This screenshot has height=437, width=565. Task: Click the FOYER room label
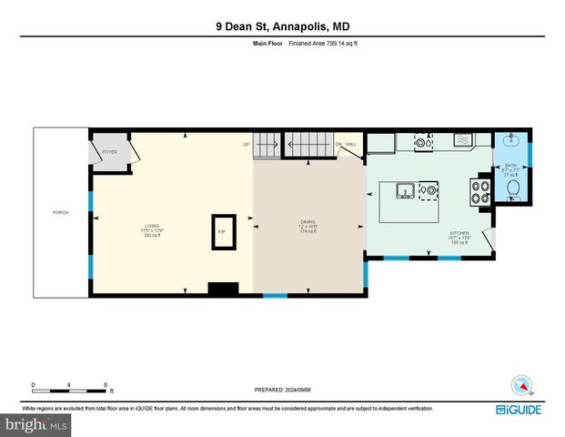[109, 152]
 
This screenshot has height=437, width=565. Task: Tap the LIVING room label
[152, 226]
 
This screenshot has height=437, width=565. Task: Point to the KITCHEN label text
[459, 233]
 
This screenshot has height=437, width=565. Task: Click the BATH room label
[510, 165]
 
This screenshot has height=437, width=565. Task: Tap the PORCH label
[61, 212]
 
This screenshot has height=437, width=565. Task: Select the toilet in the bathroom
[513, 189]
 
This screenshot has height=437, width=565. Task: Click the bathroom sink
[513, 141]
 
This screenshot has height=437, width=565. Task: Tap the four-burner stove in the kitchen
[479, 191]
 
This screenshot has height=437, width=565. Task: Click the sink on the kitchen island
[404, 190]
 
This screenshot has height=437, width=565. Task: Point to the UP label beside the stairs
[246, 144]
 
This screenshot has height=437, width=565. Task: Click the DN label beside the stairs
[338, 144]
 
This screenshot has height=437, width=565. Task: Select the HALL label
[350, 144]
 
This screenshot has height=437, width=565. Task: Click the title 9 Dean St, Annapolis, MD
[282, 27]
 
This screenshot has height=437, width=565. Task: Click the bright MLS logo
[37, 424]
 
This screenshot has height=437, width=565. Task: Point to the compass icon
[520, 385]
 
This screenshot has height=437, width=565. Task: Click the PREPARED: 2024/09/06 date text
[282, 390]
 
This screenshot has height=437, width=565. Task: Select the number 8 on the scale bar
[106, 384]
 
